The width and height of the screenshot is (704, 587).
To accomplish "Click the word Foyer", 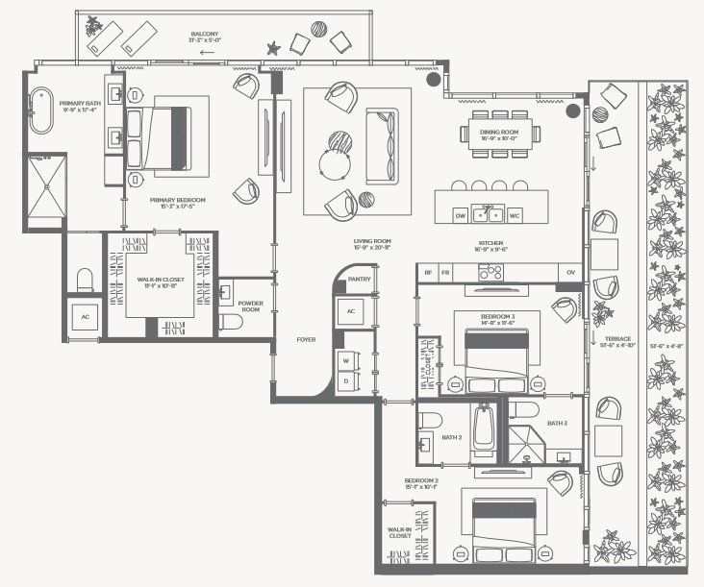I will click(x=306, y=339).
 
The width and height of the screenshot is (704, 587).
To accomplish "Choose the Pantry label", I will click(x=360, y=280).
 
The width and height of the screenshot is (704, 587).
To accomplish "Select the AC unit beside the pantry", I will click(x=350, y=311).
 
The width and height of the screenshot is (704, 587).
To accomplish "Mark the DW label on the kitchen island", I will click(x=460, y=215).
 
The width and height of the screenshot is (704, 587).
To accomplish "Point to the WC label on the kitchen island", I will click(x=515, y=215).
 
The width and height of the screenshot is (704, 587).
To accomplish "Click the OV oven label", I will click(x=570, y=273).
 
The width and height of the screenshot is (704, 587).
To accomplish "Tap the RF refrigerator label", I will click(x=427, y=273).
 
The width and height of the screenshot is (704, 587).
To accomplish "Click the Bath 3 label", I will click(x=558, y=423).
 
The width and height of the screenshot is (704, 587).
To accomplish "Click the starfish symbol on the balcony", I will click(x=274, y=46).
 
